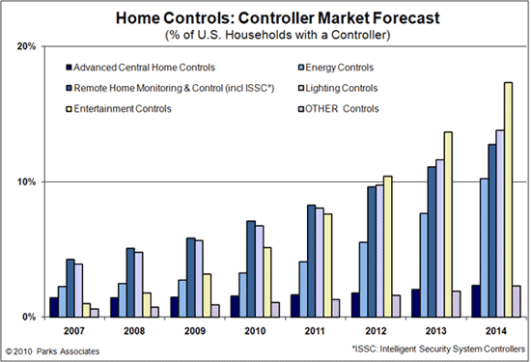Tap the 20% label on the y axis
[28, 46]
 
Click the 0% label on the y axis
[31, 317]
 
